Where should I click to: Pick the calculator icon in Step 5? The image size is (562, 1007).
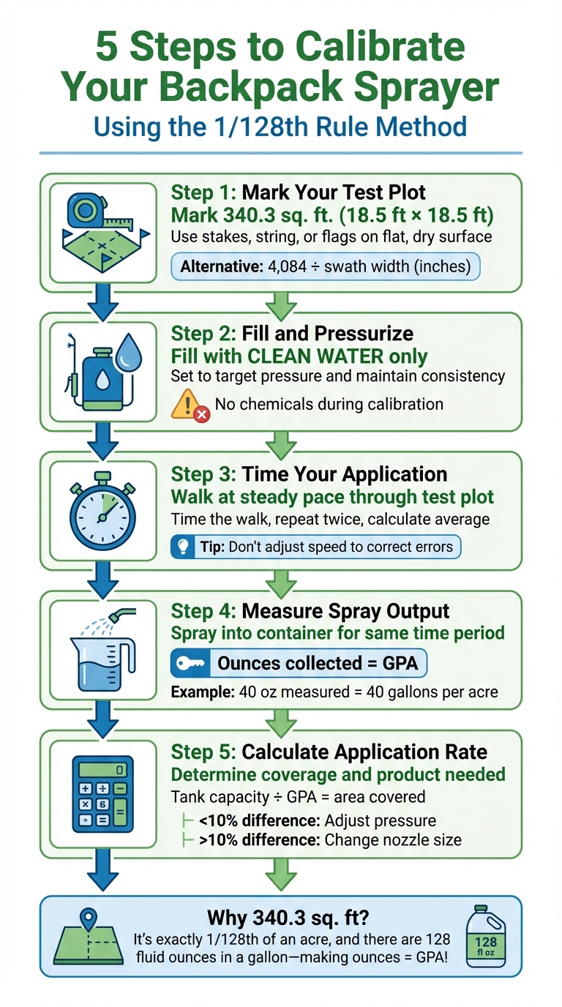(102, 793)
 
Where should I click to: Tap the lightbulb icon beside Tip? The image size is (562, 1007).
(183, 546)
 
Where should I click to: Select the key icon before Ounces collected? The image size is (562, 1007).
(190, 664)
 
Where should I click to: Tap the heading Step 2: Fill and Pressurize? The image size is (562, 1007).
(292, 334)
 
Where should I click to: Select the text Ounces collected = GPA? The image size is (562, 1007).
(318, 664)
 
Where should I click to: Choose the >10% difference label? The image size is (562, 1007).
(257, 839)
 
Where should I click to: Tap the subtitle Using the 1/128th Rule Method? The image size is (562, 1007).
(280, 126)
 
